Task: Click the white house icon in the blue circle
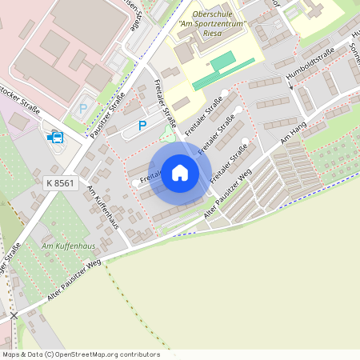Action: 180,173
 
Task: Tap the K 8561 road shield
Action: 60,183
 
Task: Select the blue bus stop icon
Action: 55,137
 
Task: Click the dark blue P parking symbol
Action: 142,125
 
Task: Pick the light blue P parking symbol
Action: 82,109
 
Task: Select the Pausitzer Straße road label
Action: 111,116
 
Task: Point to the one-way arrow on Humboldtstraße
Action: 290,80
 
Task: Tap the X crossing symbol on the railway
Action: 13,316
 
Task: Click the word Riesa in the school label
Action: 211,34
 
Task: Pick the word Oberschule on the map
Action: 211,14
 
